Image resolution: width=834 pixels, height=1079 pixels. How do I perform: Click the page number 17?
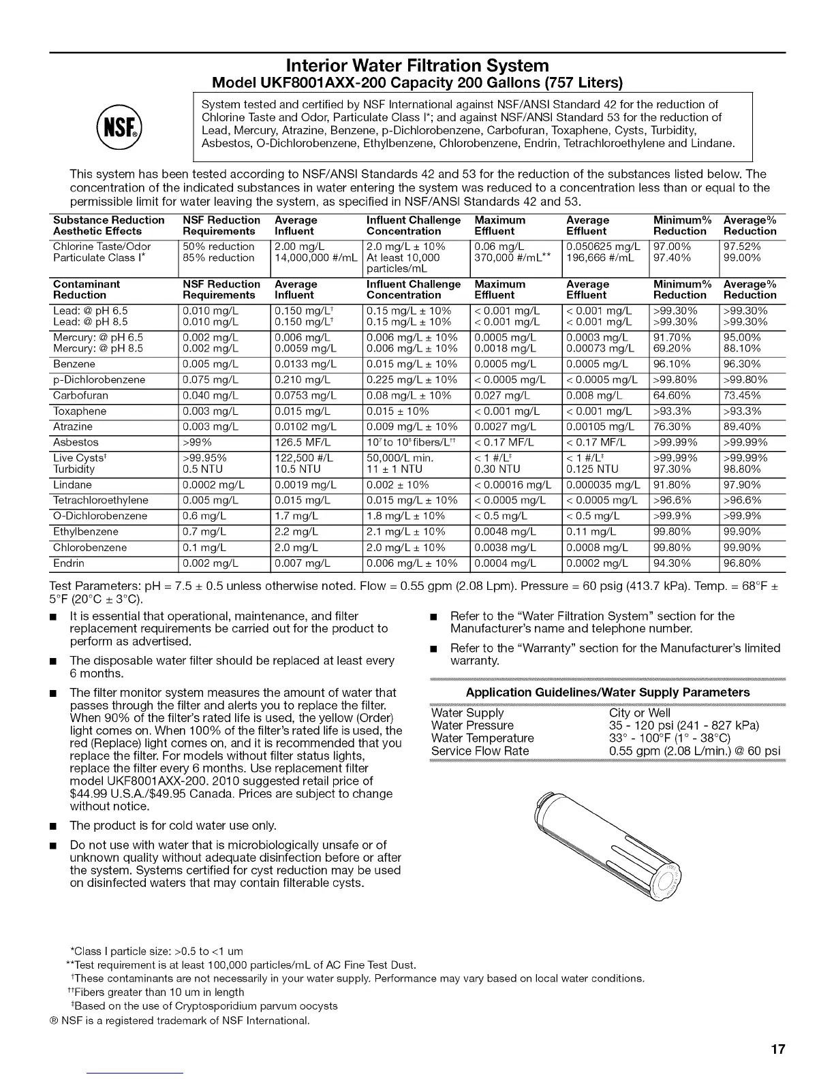tap(778, 1049)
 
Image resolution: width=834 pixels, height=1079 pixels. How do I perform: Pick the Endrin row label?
tap(69, 563)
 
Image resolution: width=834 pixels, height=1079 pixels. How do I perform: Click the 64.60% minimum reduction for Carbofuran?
tap(672, 396)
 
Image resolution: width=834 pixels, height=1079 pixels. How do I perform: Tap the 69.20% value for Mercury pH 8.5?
tap(672, 348)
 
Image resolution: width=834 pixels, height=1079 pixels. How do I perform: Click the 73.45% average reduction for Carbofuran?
tap(742, 396)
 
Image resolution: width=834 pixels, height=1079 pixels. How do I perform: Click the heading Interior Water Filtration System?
tap(417, 65)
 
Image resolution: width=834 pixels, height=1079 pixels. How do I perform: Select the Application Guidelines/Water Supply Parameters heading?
tap(607, 692)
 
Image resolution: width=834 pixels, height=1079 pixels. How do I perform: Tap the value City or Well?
tap(640, 713)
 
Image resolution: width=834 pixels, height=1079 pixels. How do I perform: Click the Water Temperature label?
tap(482, 738)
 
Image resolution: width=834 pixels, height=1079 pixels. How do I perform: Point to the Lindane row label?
tap(72, 485)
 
